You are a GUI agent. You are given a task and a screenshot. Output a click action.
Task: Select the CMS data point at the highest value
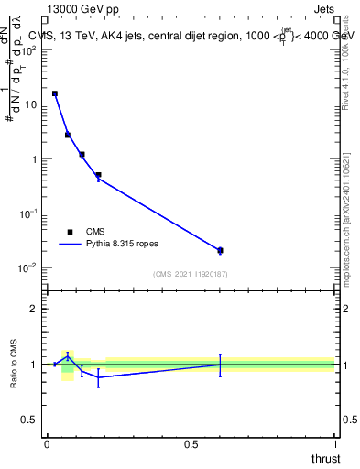click(x=55, y=93)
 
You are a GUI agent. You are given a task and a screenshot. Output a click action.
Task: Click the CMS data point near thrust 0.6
click(x=220, y=250)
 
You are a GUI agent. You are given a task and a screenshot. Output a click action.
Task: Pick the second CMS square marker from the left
click(x=68, y=135)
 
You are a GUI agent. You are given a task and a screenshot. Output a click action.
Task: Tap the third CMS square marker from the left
click(x=82, y=155)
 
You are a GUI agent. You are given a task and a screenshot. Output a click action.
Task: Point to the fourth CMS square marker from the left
click(x=98, y=175)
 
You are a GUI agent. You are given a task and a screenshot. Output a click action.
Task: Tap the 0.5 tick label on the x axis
click(x=191, y=443)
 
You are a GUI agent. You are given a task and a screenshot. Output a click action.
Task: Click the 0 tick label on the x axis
click(x=47, y=443)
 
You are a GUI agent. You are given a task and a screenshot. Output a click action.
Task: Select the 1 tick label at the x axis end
click(x=334, y=443)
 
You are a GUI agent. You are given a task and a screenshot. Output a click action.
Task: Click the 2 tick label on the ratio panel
click(x=35, y=310)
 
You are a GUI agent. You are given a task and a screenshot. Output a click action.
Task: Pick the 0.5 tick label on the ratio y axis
click(x=29, y=420)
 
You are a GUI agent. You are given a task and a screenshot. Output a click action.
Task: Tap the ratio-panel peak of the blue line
click(x=68, y=355)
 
